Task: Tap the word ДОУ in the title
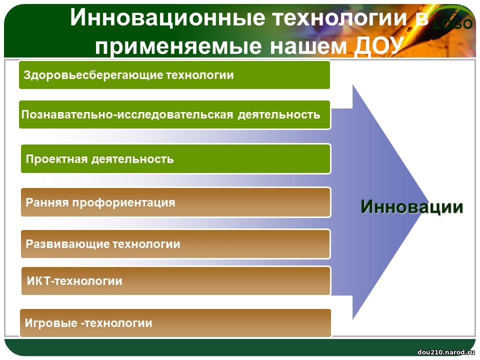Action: (x=378, y=46)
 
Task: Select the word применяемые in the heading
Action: (x=178, y=46)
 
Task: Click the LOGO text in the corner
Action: (x=453, y=24)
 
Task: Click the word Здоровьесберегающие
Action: (x=93, y=75)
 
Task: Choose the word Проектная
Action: (x=57, y=159)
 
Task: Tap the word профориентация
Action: (x=123, y=202)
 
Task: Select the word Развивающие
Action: (x=67, y=244)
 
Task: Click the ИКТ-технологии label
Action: (x=74, y=281)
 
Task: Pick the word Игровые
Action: (x=51, y=323)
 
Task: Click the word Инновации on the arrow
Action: (x=412, y=206)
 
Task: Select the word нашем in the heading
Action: (x=308, y=46)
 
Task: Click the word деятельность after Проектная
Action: (x=132, y=159)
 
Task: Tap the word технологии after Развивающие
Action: (x=146, y=244)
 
